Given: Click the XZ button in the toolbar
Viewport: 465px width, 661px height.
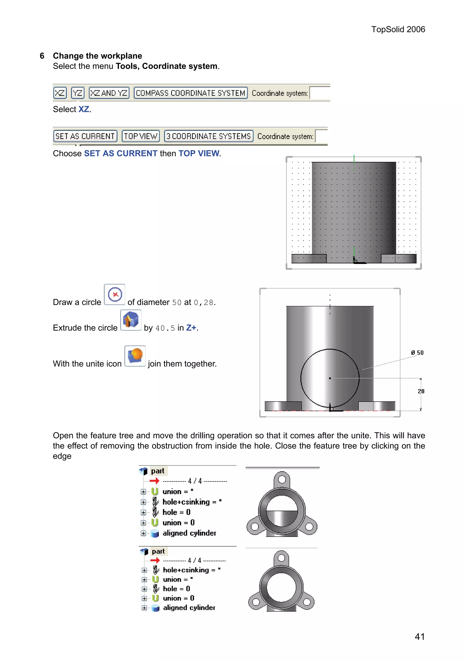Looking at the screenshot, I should pyautogui.click(x=60, y=93).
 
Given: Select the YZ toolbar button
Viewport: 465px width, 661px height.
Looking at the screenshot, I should pyautogui.click(x=78, y=93).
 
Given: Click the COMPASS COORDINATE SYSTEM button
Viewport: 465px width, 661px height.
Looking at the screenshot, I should pyautogui.click(x=190, y=93).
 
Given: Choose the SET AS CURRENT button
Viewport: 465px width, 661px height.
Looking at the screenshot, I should pyautogui.click(x=85, y=136).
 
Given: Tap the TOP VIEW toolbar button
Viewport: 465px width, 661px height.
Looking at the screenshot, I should pyautogui.click(x=141, y=136).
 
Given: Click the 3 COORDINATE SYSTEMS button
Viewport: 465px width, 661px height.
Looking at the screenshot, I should pyautogui.click(x=209, y=136).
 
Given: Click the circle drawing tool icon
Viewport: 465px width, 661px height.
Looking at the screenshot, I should pyautogui.click(x=114, y=294).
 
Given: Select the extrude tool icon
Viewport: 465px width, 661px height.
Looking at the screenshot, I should pyautogui.click(x=131, y=320).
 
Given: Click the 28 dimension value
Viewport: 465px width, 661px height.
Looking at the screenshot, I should pyautogui.click(x=421, y=391).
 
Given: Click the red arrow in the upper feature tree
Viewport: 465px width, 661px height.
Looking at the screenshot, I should pyautogui.click(x=155, y=481).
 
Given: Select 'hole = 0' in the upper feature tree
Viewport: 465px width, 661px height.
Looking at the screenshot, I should pyautogui.click(x=176, y=512).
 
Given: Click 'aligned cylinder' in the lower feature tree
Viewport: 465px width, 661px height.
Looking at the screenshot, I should pyautogui.click(x=189, y=607).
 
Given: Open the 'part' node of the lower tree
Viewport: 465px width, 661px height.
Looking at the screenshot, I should pyautogui.click(x=158, y=551).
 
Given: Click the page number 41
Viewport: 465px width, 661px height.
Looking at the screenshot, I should pyautogui.click(x=420, y=636).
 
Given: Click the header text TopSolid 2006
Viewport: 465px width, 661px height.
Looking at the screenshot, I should pyautogui.click(x=398, y=29).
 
